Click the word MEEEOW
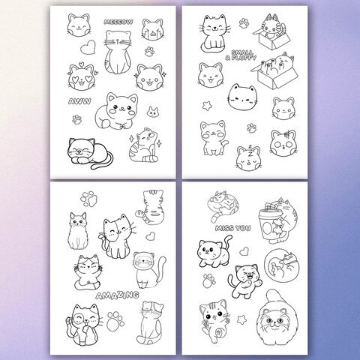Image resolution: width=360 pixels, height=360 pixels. pyautogui.click(x=118, y=22)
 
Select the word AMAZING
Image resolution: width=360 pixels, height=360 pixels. pyautogui.click(x=117, y=295)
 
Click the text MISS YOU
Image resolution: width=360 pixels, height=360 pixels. pyautogui.click(x=232, y=228)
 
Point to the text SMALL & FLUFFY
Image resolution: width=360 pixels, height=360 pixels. pyautogui.click(x=241, y=55)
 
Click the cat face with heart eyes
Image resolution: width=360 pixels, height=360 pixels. pyautogui.click(x=82, y=76)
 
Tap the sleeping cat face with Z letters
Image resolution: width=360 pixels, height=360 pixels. pyautogui.click(x=249, y=157)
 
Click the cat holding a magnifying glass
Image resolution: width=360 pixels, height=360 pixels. pyautogui.click(x=83, y=325)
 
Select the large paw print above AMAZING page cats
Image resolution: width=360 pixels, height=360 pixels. pyautogui.click(x=88, y=199)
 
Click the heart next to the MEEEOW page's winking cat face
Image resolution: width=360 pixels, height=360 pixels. pyautogui.click(x=88, y=47)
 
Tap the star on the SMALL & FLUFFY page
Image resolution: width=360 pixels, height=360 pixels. pyautogui.click(x=207, y=106)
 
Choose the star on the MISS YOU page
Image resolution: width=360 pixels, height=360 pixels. pyautogui.click(x=241, y=319)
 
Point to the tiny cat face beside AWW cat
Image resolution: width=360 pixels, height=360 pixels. pyautogui.click(x=153, y=112)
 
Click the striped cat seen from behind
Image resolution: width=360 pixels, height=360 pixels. pyautogui.click(x=151, y=207)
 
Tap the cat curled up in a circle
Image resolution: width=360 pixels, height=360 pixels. pyautogui.click(x=283, y=265)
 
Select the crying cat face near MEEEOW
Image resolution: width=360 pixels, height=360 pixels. pyautogui.click(x=153, y=29)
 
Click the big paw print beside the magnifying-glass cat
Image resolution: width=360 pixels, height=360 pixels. pyautogui.click(x=115, y=321)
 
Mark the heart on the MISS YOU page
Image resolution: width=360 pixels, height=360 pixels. pyautogui.click(x=244, y=251)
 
